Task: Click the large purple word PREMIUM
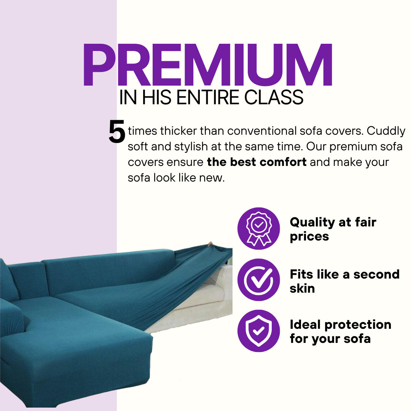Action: click(x=208, y=65)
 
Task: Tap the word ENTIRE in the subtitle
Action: click(x=208, y=97)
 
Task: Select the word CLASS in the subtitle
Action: click(x=274, y=97)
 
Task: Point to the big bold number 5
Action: click(x=117, y=131)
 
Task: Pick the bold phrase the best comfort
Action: click(x=256, y=162)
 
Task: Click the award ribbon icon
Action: click(x=259, y=228)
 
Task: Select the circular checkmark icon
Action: click(x=259, y=280)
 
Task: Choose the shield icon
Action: click(x=259, y=331)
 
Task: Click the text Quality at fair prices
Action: click(x=333, y=229)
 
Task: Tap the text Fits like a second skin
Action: click(x=344, y=281)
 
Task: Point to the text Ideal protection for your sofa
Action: click(x=340, y=331)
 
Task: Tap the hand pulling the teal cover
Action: click(x=210, y=244)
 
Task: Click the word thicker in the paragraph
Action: click(x=178, y=131)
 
